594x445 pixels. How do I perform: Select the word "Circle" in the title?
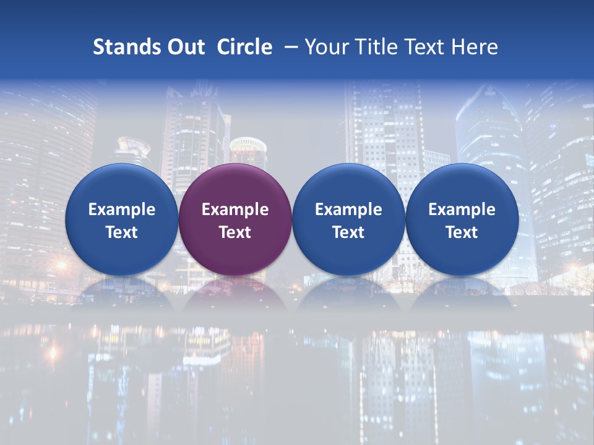[x=244, y=47]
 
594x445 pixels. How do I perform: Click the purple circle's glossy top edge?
[x=235, y=169]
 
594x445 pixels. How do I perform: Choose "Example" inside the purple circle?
[x=235, y=210]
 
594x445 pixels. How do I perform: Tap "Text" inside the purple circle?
[x=235, y=232]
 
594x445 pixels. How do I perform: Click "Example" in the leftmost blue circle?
[x=122, y=210]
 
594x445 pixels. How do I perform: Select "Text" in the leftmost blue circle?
[x=122, y=232]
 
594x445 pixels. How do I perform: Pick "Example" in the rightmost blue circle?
[x=462, y=210]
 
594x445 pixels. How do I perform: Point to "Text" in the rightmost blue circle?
[x=462, y=232]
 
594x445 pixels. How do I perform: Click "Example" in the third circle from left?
[x=348, y=210]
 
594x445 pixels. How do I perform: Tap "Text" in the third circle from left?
[x=348, y=232]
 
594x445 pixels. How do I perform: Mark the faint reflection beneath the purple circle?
[x=235, y=294]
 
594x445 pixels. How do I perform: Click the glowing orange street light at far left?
[x=61, y=266]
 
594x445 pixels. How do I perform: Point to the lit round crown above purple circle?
[x=248, y=147]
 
